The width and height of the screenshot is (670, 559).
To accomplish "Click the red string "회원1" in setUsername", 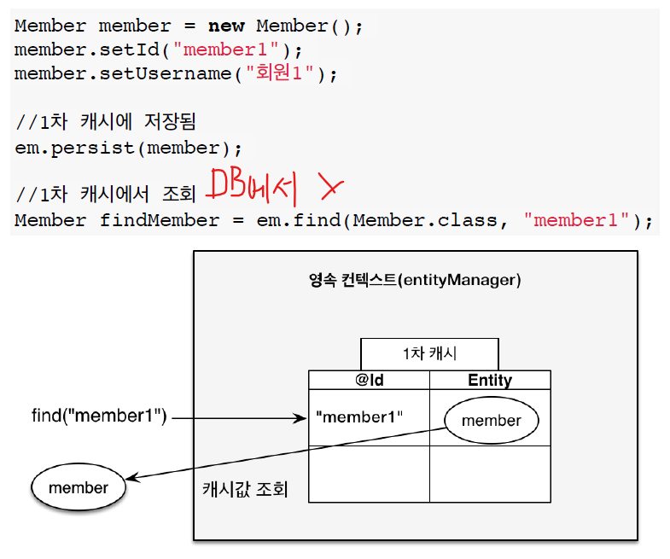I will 276,73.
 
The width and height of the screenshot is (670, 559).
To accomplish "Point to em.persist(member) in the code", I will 122,148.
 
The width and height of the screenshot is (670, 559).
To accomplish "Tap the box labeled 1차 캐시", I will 429,353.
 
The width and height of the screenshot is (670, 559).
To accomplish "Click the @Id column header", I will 369,381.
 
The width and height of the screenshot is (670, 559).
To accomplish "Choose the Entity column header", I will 490,381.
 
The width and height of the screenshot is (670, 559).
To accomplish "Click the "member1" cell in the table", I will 359,418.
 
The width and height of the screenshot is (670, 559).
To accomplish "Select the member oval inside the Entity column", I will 491,420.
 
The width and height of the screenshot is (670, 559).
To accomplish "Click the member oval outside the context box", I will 79,488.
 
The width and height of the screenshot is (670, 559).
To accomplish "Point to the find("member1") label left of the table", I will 98,417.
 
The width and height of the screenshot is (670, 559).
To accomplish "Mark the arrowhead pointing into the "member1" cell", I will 301,418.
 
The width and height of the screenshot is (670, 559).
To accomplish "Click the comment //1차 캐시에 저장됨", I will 106,123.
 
